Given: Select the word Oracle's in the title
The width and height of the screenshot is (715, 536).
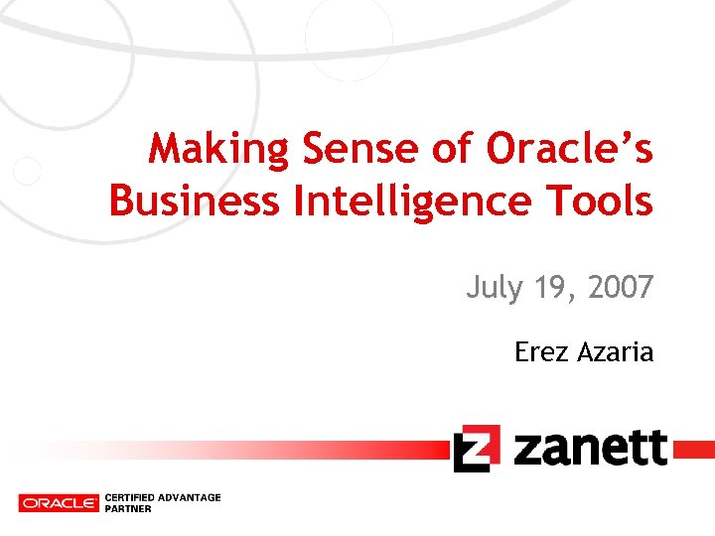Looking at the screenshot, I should tap(570, 150).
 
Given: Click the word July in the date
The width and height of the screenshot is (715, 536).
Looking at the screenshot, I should tap(493, 288).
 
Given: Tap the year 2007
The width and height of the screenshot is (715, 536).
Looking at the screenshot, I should tap(620, 288).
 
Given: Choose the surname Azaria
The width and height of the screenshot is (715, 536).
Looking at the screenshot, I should tap(615, 351).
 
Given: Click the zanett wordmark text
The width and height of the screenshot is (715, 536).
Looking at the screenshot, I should tap(591, 448).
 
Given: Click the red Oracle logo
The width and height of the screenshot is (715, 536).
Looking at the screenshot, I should tap(59, 503).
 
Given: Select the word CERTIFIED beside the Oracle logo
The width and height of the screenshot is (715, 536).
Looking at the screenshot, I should tap(130, 497).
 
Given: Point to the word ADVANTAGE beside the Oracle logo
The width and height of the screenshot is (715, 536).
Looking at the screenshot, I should tap(190, 497).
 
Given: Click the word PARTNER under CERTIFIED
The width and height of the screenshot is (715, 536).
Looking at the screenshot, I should tap(128, 509).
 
